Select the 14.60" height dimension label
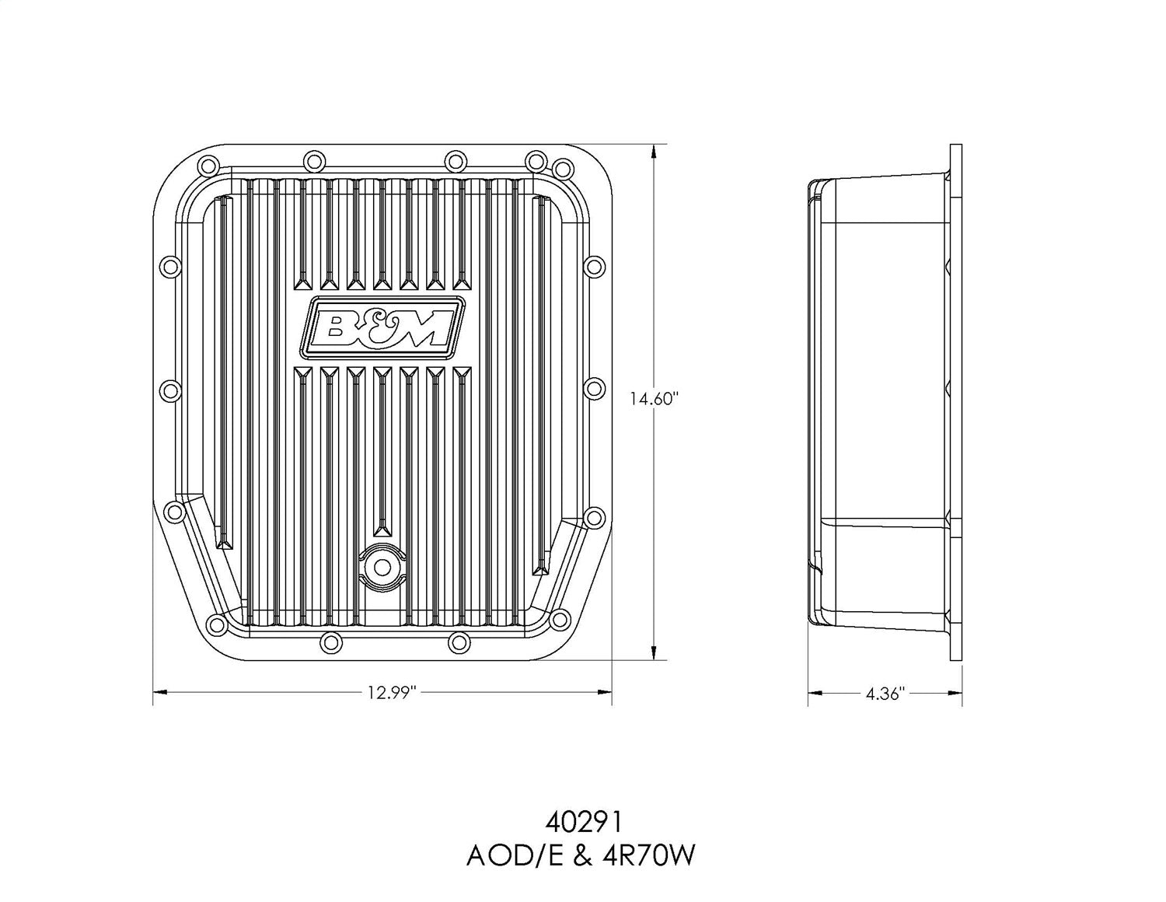point(655,399)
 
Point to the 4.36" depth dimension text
point(885,693)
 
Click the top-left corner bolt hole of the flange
point(208,166)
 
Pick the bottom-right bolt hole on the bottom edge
point(459,642)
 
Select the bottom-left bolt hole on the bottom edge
point(330,642)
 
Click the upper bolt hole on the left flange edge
point(169,267)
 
